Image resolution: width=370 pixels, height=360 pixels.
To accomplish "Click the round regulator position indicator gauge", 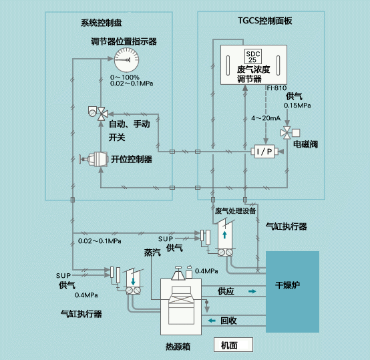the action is (126, 60).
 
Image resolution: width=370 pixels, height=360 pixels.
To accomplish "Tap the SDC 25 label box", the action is (252, 57).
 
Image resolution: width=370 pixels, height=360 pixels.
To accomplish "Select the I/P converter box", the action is (264, 152).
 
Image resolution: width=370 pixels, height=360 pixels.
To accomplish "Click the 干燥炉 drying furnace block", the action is (293, 292).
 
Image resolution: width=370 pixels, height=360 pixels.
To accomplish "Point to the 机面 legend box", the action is (233, 345).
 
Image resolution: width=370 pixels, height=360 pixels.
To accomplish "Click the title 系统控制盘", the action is (102, 23).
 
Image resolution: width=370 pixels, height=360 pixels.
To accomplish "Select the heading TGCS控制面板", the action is (264, 21).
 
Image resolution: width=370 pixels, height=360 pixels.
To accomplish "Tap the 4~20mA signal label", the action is (266, 118).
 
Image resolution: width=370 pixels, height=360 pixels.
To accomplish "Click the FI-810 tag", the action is (276, 88).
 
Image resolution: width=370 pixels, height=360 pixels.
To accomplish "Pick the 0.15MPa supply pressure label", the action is (297, 106).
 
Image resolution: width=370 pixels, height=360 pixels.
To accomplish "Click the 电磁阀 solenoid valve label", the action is (305, 144).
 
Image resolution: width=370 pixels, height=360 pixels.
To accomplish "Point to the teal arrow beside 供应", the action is (252, 291).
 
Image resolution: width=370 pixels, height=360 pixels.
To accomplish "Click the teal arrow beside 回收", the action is (212, 321).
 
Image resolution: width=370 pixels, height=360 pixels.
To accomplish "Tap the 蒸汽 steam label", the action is (152, 252).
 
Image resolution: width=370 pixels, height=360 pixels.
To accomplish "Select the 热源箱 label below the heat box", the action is (178, 347).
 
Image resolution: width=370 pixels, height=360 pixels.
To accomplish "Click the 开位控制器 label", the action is (132, 159).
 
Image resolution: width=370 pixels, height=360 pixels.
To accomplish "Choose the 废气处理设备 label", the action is (235, 211).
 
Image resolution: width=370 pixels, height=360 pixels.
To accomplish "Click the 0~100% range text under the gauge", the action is (125, 77).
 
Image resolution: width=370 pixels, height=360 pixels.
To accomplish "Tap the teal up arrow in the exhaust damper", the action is (224, 234).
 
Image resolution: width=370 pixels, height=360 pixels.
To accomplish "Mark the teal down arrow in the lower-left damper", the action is (133, 281).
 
